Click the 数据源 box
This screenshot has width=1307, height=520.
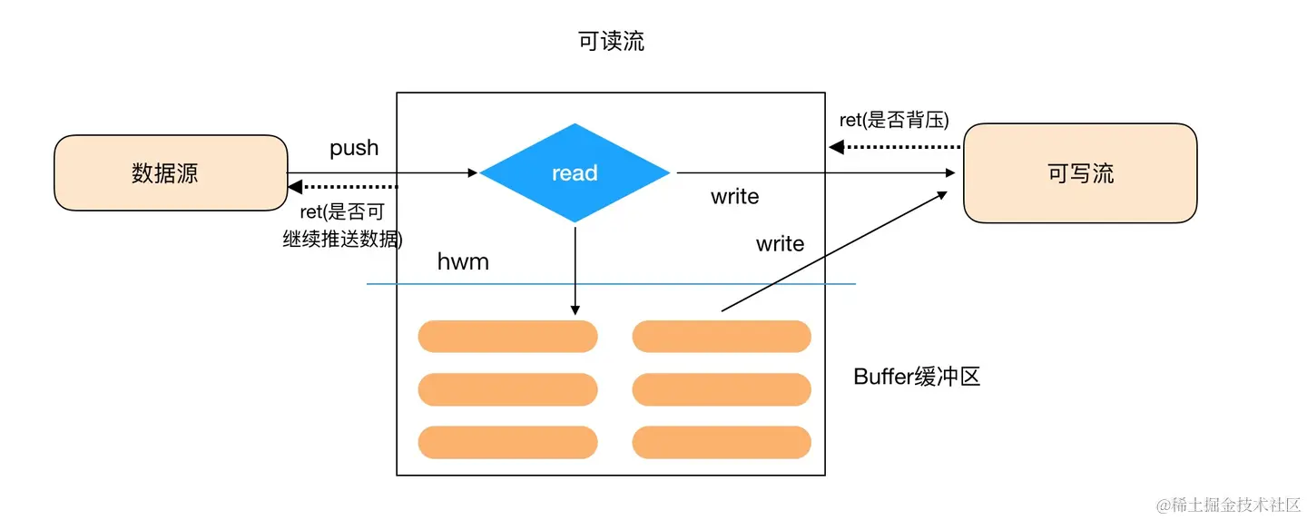pos(171,172)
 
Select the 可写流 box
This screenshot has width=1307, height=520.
pos(1080,172)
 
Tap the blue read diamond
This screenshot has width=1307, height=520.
pos(575,172)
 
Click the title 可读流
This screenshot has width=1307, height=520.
pos(611,41)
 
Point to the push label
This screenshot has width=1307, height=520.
pos(354,148)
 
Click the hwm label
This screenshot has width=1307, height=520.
pos(463,261)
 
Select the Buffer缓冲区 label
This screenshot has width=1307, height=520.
pos(916,377)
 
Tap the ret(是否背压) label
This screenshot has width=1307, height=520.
pos(894,120)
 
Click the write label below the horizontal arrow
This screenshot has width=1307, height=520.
pos(734,197)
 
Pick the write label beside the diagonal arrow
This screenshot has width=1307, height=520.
pos(780,244)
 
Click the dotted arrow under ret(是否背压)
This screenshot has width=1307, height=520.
pos(895,147)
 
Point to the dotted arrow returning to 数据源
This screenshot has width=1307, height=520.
pos(343,187)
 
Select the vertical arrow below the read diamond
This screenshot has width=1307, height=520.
pos(575,270)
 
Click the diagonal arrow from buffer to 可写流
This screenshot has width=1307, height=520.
pos(834,251)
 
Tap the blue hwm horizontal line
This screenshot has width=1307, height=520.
pos(611,284)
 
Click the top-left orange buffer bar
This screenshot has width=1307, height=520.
pos(507,336)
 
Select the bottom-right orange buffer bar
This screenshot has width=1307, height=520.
pos(722,442)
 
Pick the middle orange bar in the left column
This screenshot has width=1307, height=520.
pos(507,389)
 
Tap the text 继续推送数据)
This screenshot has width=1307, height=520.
pos(342,239)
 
